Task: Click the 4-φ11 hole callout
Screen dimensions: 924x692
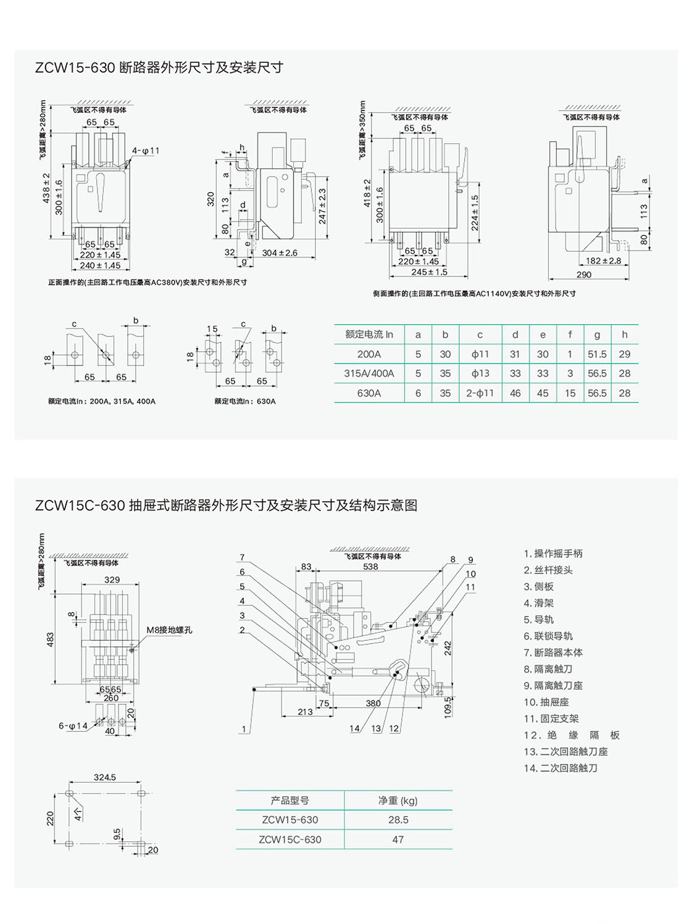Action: [x=146, y=151]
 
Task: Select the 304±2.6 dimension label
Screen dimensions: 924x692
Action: [x=280, y=253]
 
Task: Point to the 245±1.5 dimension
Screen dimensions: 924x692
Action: [x=429, y=272]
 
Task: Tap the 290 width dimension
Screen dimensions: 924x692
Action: [x=584, y=275]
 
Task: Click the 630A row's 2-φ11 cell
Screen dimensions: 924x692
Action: [x=480, y=393]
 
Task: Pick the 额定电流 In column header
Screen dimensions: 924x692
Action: [x=369, y=335]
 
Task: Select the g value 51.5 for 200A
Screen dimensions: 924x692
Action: [x=597, y=354]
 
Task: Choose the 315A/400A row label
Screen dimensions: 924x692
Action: [x=369, y=373]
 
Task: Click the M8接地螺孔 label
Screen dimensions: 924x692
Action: [x=169, y=630]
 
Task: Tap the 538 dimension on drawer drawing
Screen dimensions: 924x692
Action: [x=370, y=567]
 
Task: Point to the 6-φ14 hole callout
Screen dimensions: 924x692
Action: [x=73, y=726]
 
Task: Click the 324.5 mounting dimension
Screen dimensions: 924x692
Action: [x=104, y=778]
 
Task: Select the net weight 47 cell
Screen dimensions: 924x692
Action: [x=398, y=839]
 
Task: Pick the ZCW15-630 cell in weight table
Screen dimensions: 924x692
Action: [x=290, y=820]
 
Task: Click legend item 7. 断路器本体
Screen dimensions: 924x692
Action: [x=553, y=652]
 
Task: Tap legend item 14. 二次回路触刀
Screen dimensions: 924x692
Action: [x=561, y=768]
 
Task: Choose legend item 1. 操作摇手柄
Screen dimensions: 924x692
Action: [x=553, y=554]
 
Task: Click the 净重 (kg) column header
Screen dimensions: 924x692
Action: [x=398, y=801]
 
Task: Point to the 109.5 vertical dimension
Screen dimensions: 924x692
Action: [x=448, y=707]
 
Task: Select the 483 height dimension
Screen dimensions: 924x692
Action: [x=50, y=639]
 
